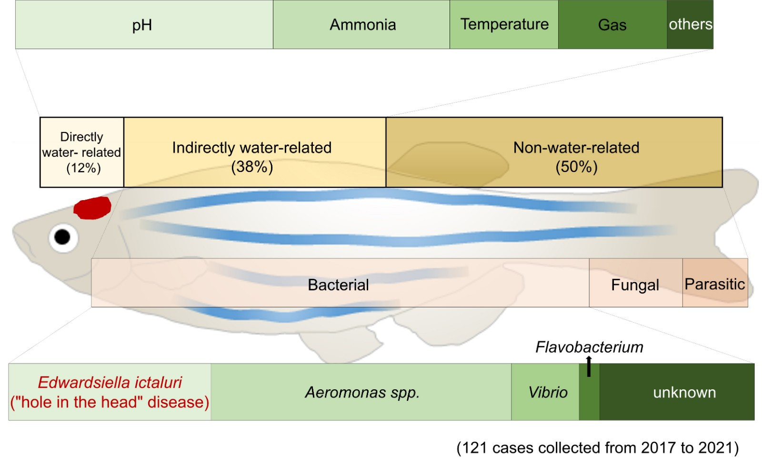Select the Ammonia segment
pos(361,25)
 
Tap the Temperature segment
pos(504,25)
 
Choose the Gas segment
pos(612,25)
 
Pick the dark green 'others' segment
pos(690,25)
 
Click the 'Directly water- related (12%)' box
pos(82,152)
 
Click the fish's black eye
pos(62,236)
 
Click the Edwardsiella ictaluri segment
pos(110,392)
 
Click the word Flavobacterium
pos(589,347)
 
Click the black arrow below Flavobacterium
pos(589,367)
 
